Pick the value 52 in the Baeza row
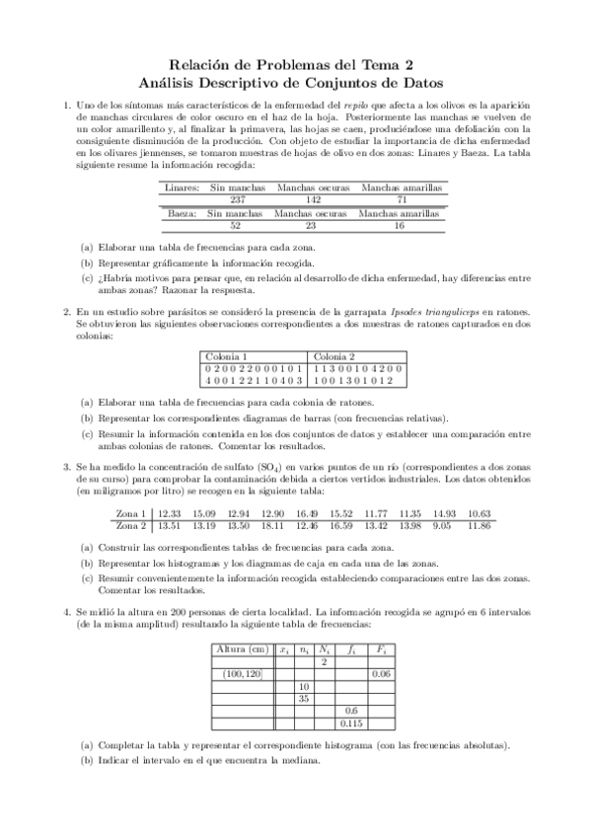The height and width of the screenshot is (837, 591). click(x=235, y=224)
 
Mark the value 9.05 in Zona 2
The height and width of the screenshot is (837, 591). click(x=441, y=525)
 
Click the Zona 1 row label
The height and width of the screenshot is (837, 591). click(x=130, y=513)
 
